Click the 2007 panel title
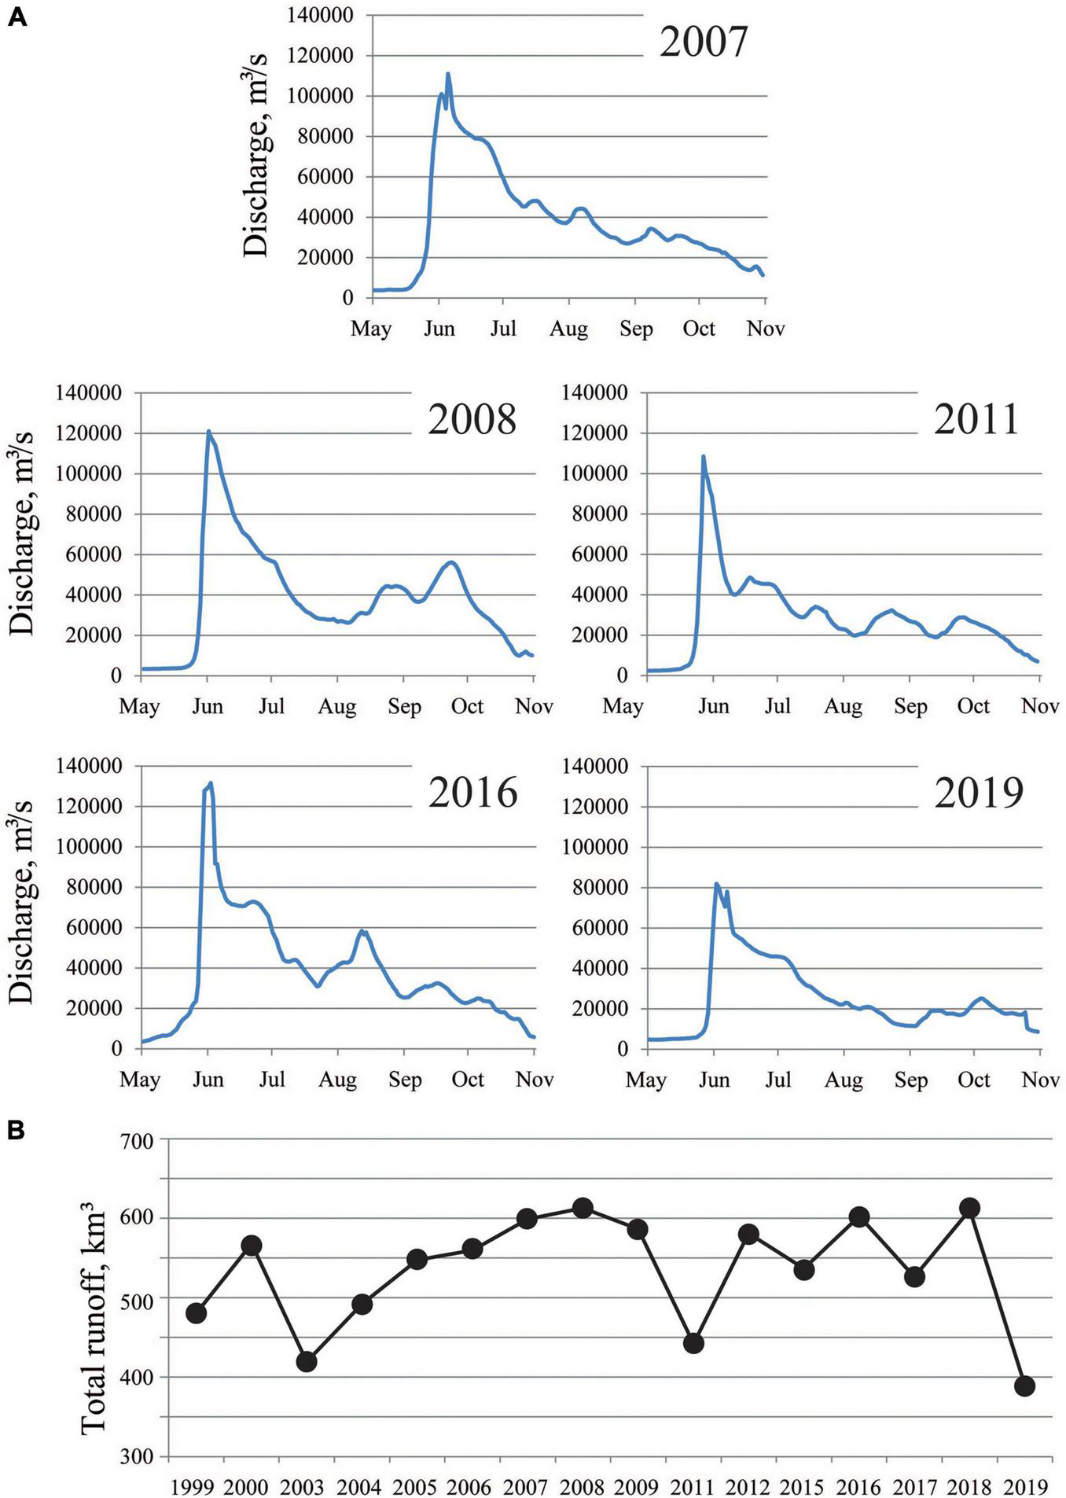point(703,42)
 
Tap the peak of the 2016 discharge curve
point(211,783)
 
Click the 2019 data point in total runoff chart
point(1024,1386)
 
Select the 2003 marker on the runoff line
point(307,1361)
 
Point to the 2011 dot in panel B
point(693,1343)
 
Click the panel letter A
point(17,18)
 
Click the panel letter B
point(17,1130)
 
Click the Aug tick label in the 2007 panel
point(568,329)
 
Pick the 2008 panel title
point(472,419)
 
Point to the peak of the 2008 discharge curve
point(208,431)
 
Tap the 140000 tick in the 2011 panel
point(596,392)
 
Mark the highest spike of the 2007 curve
point(448,74)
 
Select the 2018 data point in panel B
point(969,1208)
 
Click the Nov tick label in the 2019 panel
point(1040,1080)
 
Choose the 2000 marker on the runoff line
point(252,1246)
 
